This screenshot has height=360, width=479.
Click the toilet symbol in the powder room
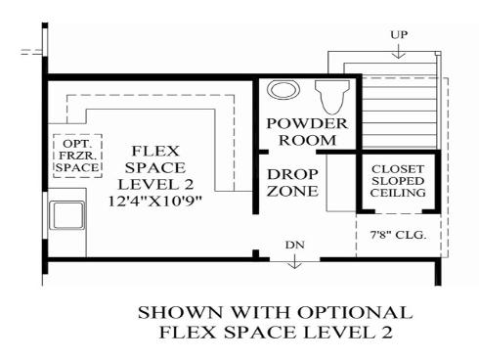(x=331, y=97)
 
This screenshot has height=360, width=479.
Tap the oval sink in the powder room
(x=283, y=89)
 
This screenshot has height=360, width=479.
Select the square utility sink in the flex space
(x=67, y=215)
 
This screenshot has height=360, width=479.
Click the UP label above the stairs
(x=399, y=34)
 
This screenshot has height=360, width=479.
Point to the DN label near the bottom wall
(x=295, y=245)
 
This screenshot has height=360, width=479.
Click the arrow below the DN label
(x=295, y=261)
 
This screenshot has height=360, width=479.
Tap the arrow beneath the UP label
(x=398, y=51)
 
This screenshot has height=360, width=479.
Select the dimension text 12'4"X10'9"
(x=155, y=201)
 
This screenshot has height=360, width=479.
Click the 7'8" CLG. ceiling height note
(x=398, y=235)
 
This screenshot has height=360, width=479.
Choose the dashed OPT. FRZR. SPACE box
(x=77, y=156)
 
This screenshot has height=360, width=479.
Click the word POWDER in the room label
(x=307, y=123)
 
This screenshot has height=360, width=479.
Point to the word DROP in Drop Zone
(x=292, y=174)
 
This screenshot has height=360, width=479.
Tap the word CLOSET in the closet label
(x=398, y=169)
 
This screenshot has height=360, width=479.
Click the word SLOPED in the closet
(x=398, y=181)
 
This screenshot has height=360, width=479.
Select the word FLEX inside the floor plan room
(x=155, y=151)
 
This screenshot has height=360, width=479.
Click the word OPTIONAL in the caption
(x=355, y=312)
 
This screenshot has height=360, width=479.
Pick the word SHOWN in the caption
(x=182, y=312)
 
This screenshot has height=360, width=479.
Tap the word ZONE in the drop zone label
(x=292, y=191)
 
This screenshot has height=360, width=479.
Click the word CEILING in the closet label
(x=398, y=193)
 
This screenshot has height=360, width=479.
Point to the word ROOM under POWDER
(x=308, y=140)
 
